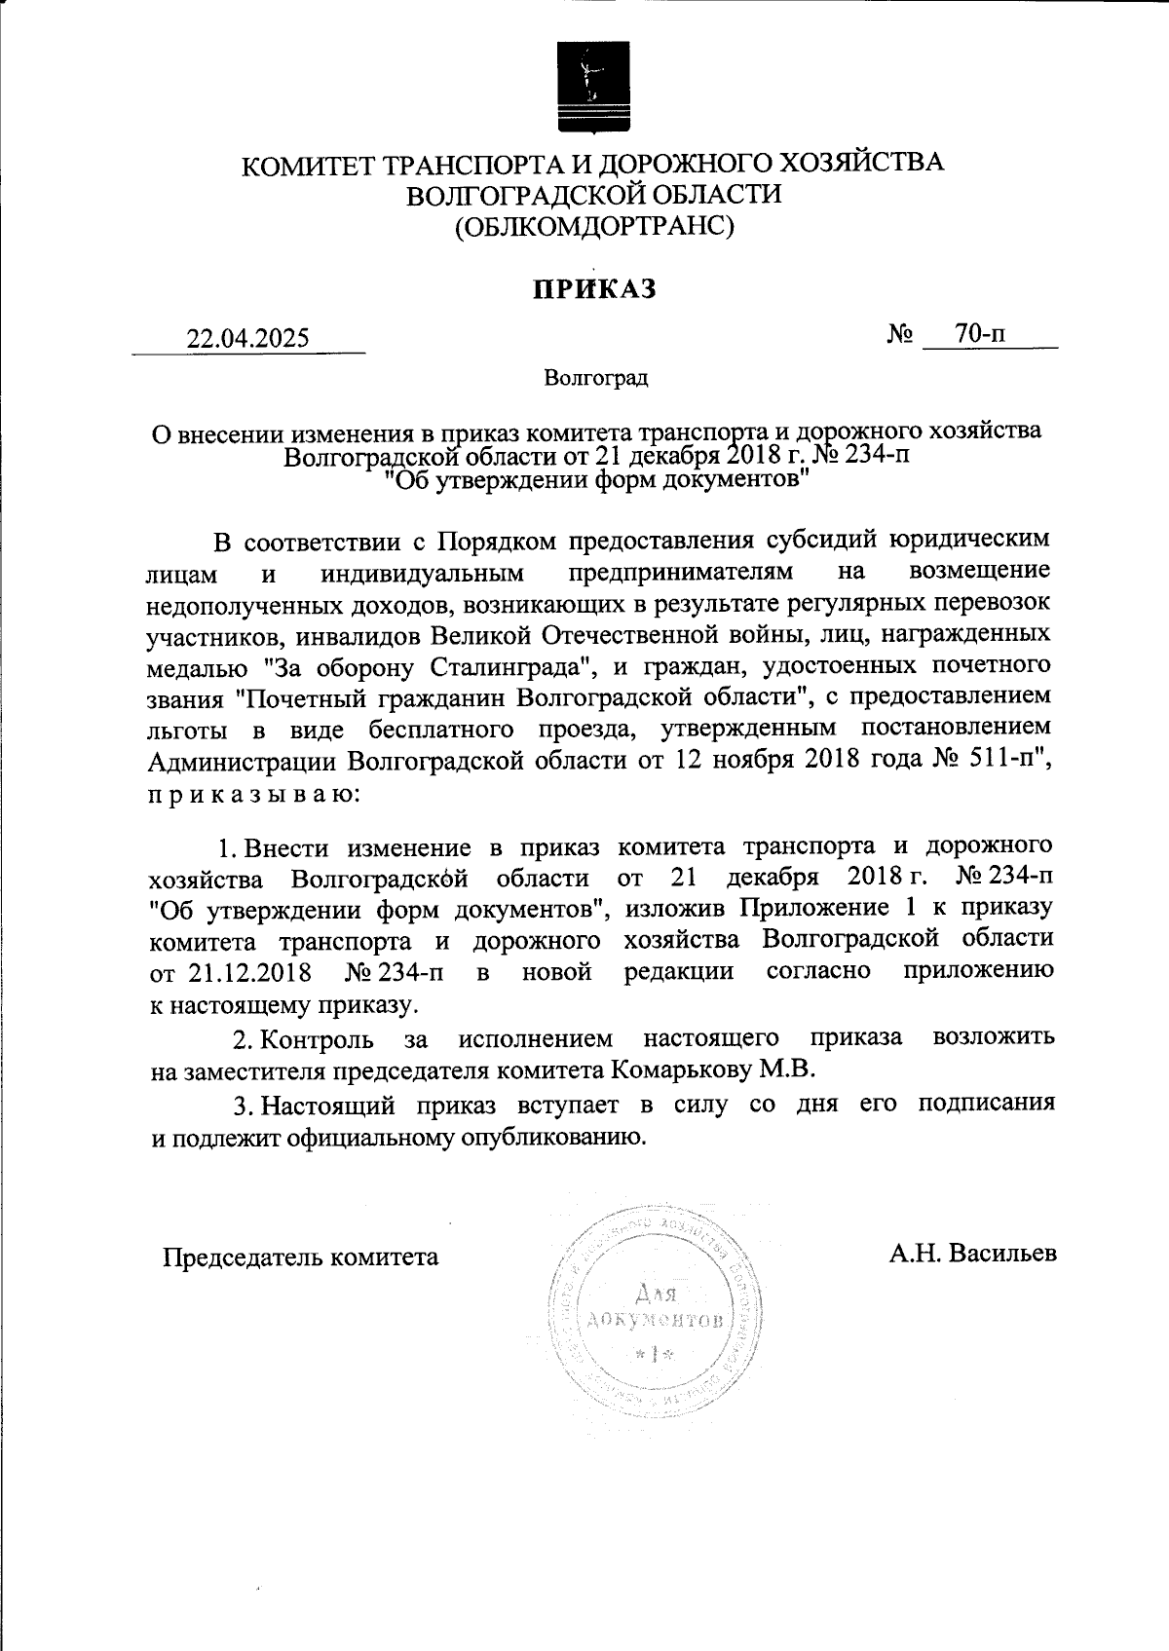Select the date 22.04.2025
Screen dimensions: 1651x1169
(x=248, y=338)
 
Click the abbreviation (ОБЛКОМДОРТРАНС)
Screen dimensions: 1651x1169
(x=593, y=228)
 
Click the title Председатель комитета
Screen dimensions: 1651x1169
(x=300, y=1257)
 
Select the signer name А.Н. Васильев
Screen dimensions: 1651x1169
(x=972, y=1253)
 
